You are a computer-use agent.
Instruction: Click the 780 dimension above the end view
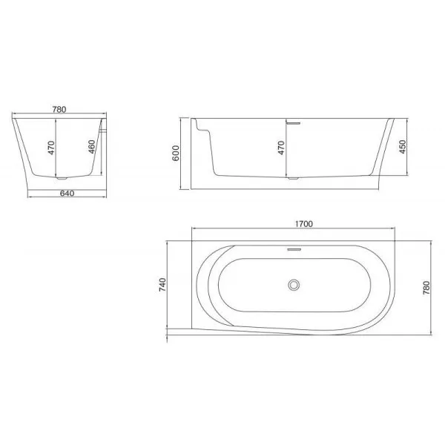[x=60, y=109]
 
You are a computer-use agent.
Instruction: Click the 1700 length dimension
[x=303, y=222]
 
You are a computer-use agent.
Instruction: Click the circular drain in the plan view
[x=295, y=284]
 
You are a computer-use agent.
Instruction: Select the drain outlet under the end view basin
[x=62, y=178]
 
